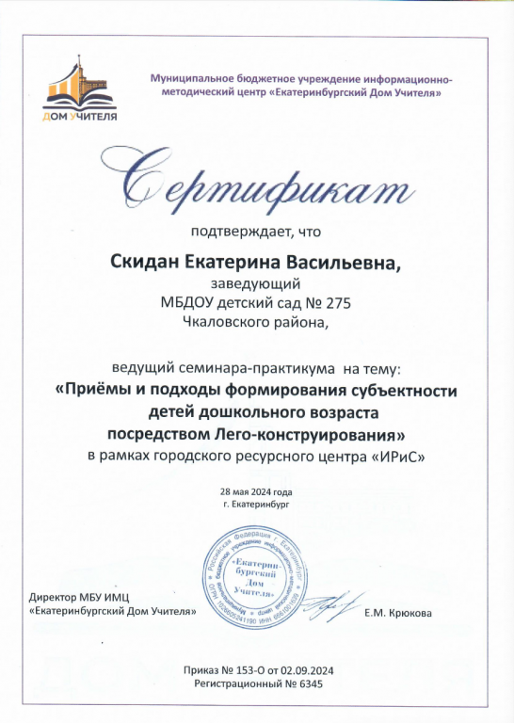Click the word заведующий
(257, 282)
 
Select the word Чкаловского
(229, 321)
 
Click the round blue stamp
(241, 579)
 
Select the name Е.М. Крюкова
(398, 613)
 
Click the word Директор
(55, 597)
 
